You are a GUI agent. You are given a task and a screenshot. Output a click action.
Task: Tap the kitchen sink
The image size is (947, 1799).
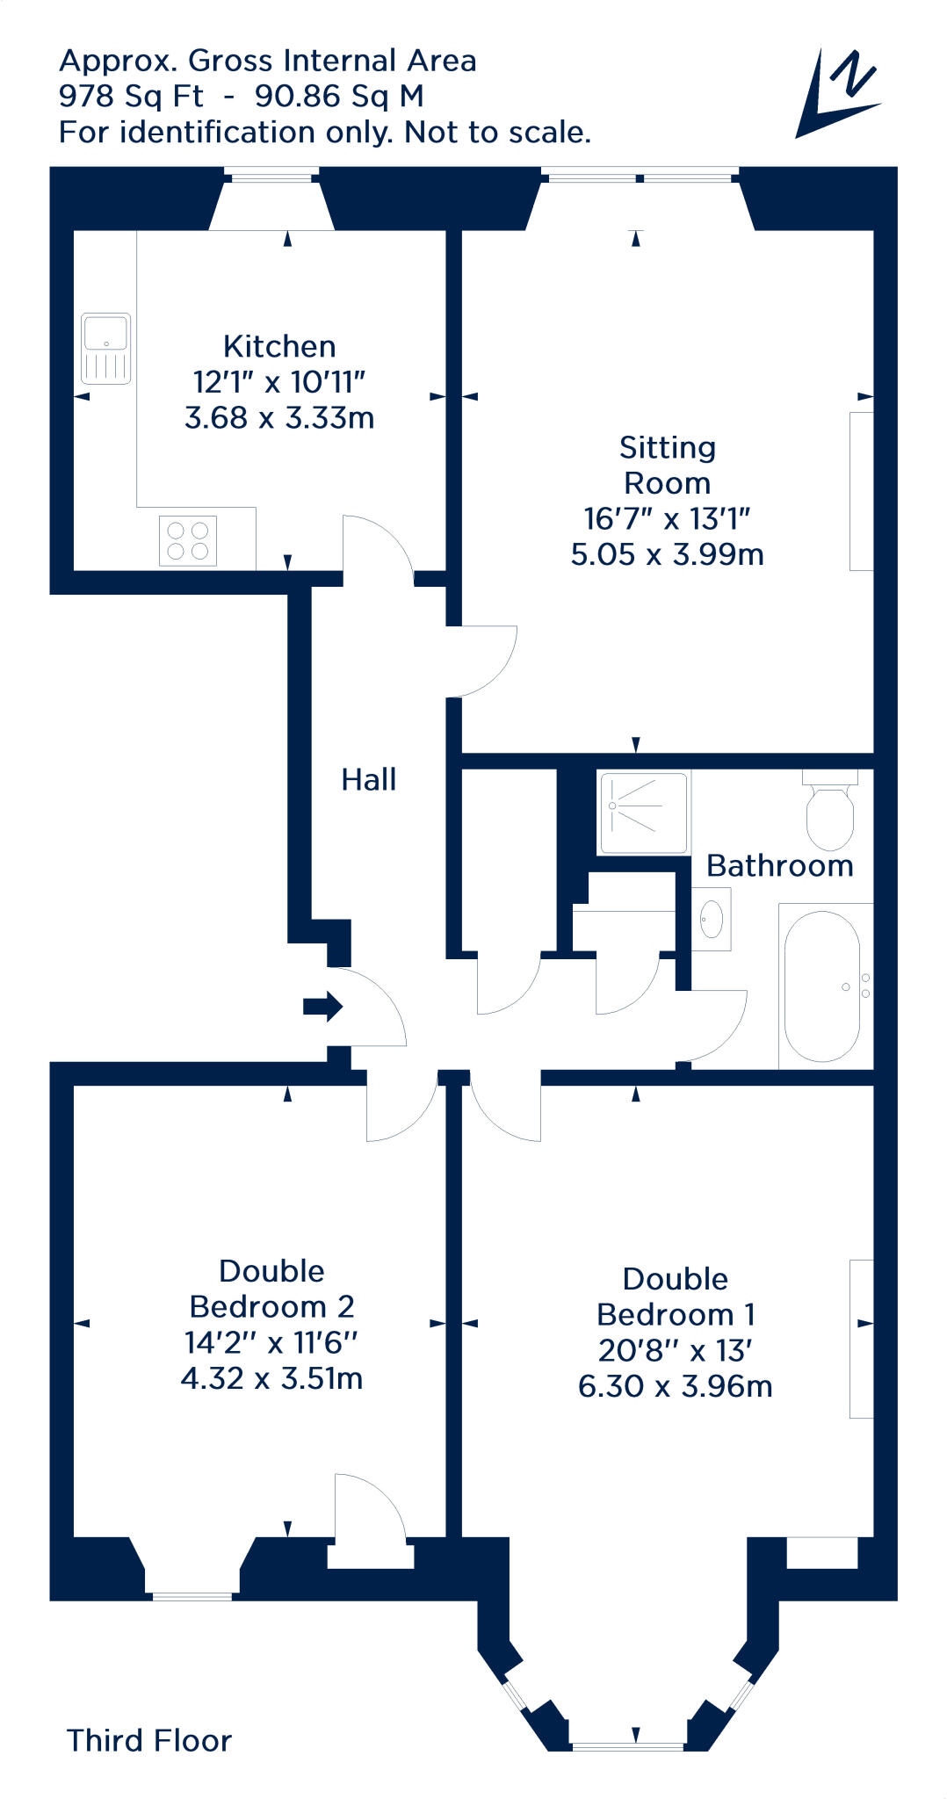point(105,348)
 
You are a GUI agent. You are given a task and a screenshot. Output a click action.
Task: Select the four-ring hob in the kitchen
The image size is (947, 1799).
point(187,541)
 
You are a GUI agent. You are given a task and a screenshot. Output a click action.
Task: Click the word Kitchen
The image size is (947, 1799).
point(279,346)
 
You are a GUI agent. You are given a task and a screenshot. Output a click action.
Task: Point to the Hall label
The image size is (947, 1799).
point(368,779)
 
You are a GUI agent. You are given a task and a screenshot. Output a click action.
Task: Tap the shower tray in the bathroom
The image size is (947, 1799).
point(643,812)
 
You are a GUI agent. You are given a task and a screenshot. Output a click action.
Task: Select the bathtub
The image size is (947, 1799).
point(822,986)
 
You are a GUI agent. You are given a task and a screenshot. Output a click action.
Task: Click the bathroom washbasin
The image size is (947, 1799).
point(712,919)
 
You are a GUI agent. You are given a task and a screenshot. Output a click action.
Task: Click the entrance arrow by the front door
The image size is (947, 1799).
point(322,1007)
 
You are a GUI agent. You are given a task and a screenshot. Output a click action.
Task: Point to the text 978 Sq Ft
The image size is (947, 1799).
point(131,96)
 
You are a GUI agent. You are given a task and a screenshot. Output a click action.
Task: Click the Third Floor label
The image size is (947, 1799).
point(149,1740)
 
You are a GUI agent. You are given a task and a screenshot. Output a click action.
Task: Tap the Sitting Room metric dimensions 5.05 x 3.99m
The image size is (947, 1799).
point(667,555)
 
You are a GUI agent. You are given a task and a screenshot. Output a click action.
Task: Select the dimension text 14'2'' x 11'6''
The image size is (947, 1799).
point(271,1342)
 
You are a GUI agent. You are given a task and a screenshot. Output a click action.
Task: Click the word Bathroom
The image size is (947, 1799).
point(779,866)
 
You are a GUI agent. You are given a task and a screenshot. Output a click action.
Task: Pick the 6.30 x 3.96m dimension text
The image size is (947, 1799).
point(675,1386)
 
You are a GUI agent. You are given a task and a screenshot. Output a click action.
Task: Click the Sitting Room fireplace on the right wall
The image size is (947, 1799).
point(861,491)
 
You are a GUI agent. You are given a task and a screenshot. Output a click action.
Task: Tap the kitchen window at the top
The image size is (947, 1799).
point(271,176)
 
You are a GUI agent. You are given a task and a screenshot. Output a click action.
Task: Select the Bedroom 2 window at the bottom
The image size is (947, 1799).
point(192,1595)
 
